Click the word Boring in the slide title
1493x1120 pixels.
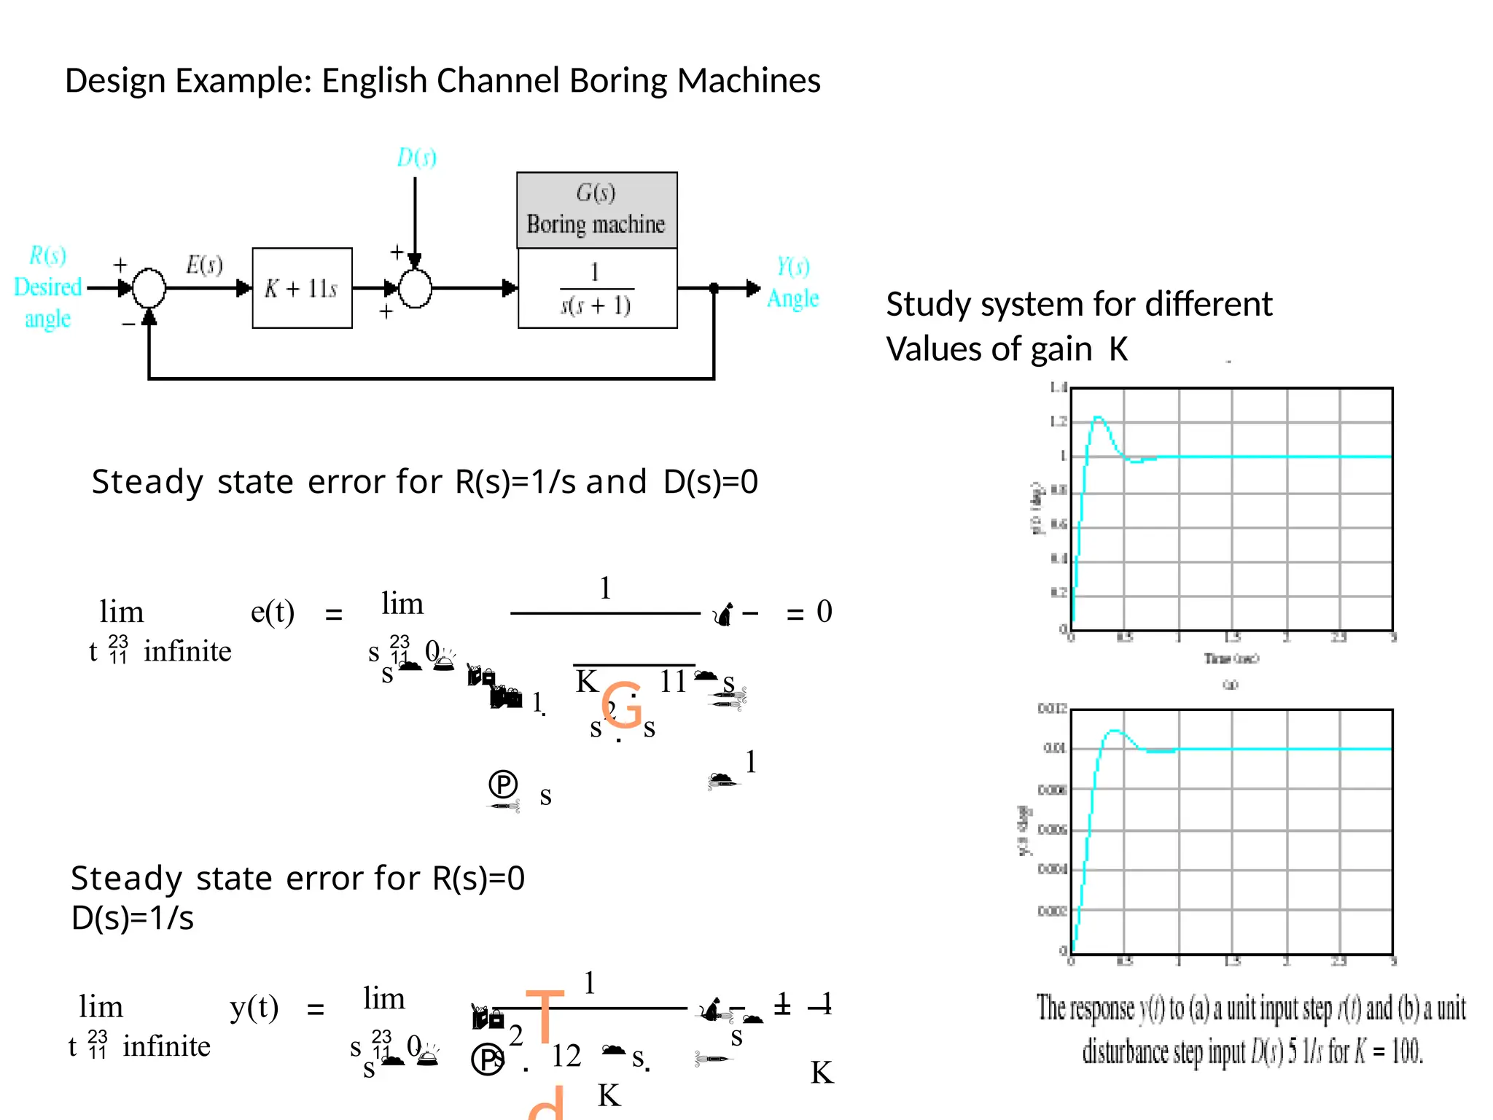[617, 81]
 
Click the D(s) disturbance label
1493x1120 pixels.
[416, 157]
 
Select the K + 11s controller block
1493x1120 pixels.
[302, 288]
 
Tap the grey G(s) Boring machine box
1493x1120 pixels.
[596, 210]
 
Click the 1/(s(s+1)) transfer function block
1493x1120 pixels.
[596, 289]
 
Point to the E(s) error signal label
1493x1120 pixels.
[203, 264]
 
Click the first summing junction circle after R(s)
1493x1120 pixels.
[149, 288]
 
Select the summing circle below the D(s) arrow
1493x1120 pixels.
[416, 289]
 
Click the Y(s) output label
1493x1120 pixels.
[792, 266]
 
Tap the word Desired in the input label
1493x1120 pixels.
[47, 287]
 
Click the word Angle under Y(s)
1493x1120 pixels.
[792, 298]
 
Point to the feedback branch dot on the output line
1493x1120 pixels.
[714, 288]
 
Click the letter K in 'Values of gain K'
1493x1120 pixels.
[1118, 349]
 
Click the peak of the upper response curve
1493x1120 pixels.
[1099, 418]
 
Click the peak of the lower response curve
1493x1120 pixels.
[1113, 730]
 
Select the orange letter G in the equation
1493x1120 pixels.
[622, 704]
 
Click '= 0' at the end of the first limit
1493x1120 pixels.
[809, 612]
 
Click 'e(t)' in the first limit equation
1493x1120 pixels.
[272, 612]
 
